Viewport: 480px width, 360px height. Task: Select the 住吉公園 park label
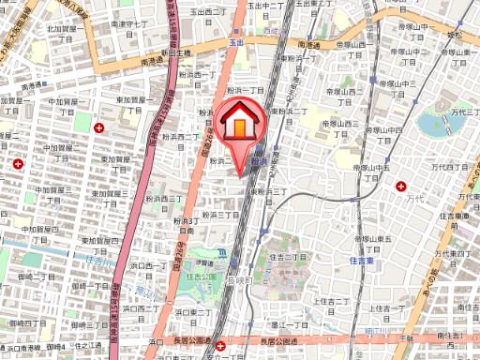(199, 277)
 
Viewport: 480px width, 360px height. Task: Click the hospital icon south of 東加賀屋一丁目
(100, 127)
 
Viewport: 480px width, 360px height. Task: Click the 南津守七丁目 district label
(129, 25)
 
